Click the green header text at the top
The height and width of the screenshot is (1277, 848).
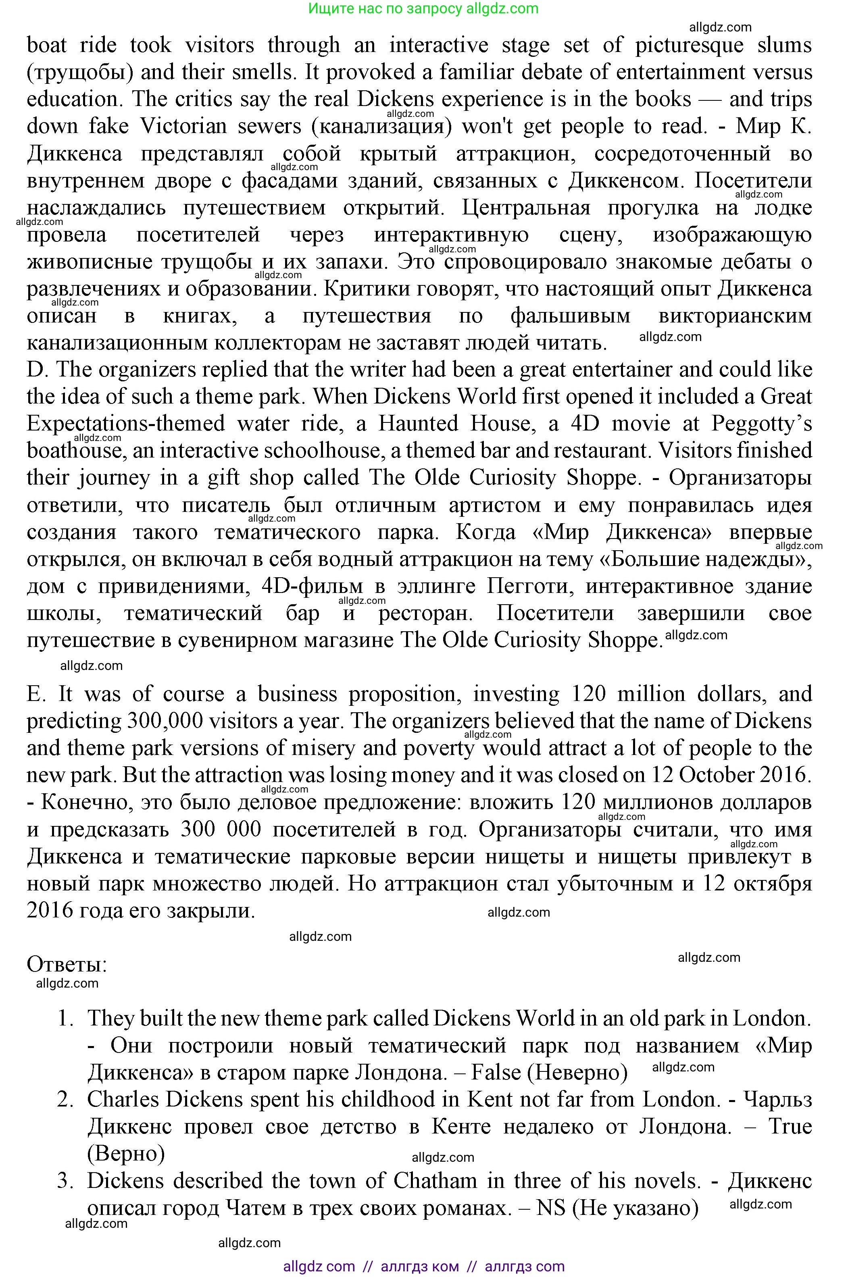point(423,8)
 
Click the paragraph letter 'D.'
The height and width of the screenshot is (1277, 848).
point(38,370)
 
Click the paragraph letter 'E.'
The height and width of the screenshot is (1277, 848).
point(36,694)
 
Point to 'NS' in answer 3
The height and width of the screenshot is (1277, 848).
point(550,1208)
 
